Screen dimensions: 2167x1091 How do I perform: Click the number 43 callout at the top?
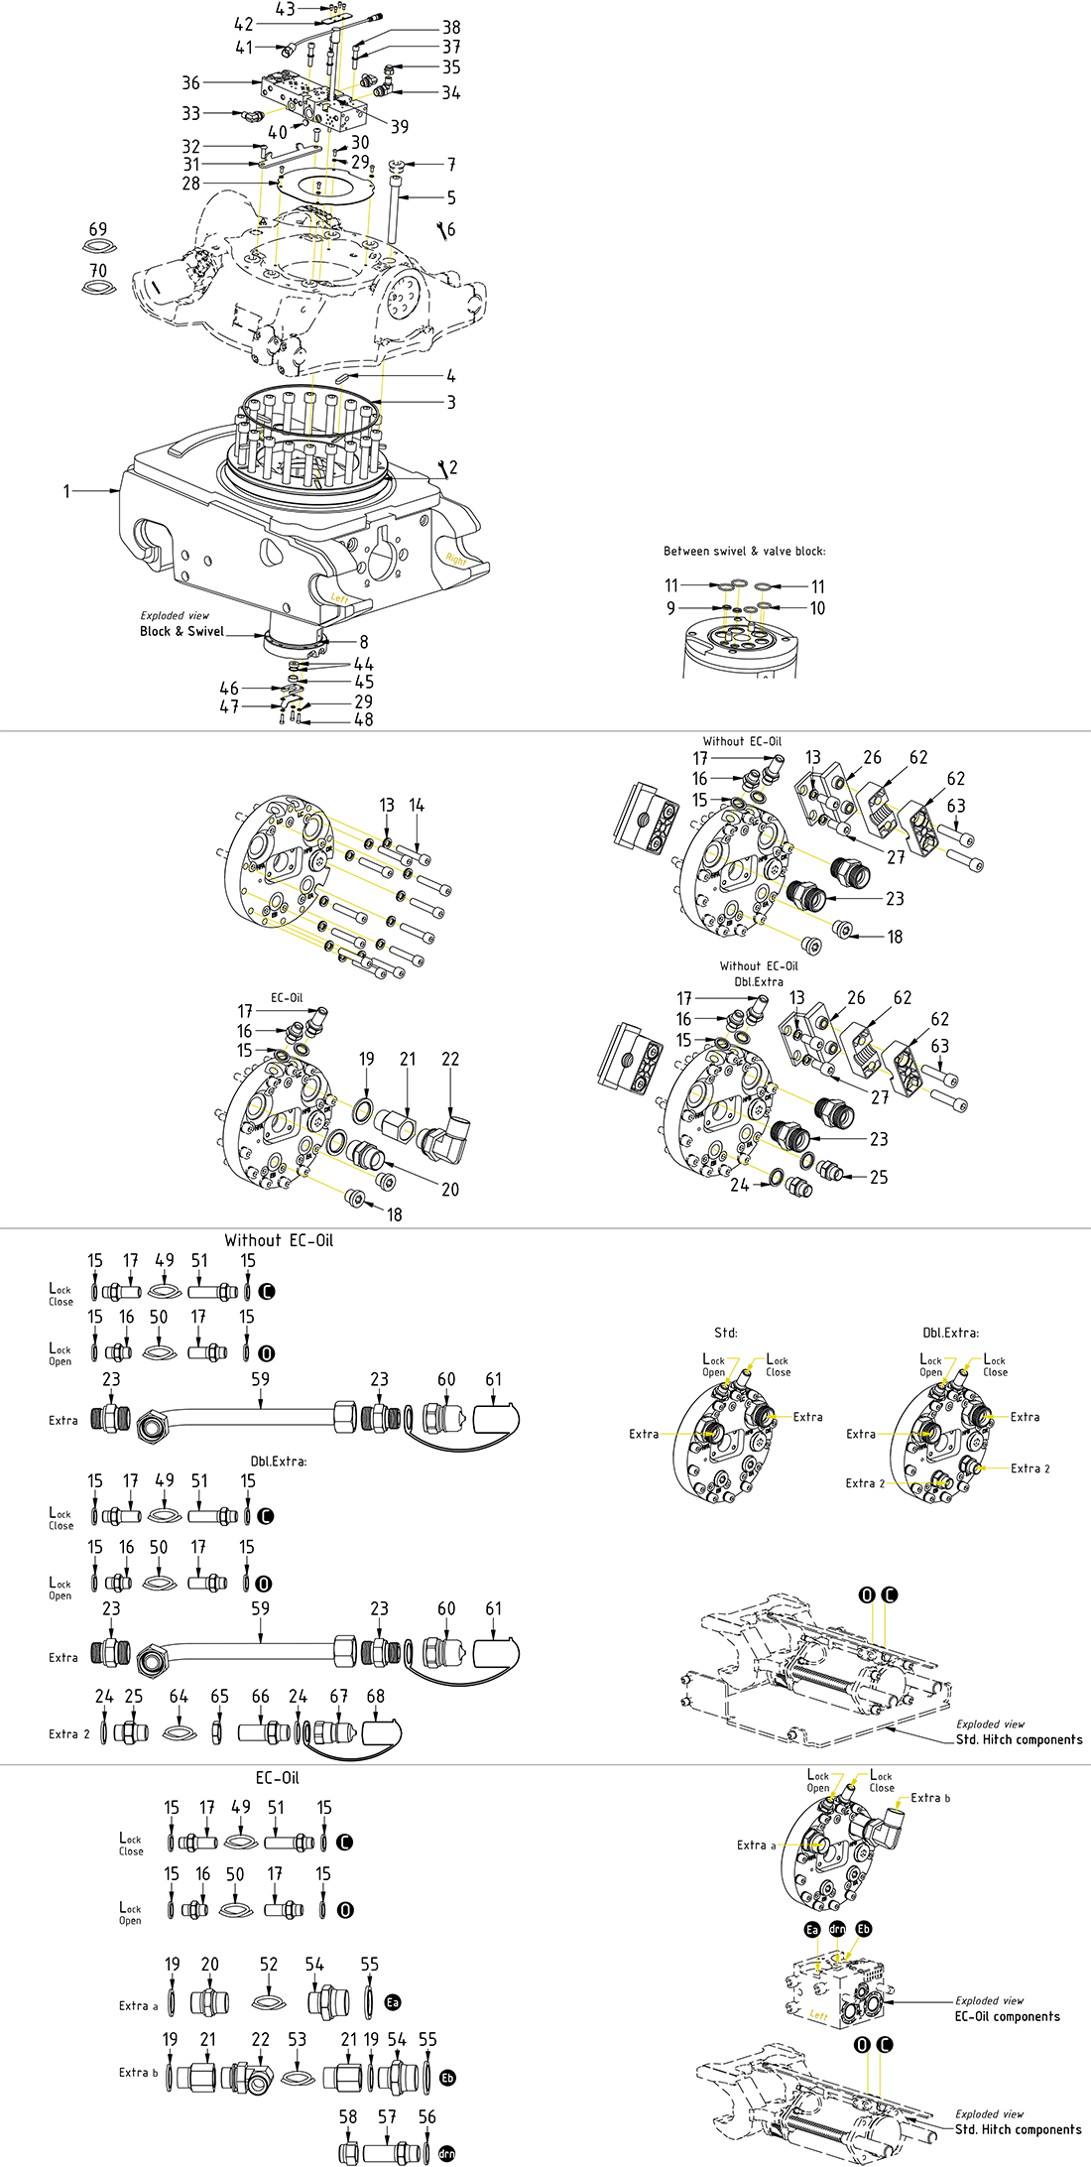tap(285, 9)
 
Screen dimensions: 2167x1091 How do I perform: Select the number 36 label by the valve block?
tap(190, 82)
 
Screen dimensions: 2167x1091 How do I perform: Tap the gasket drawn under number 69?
tap(98, 248)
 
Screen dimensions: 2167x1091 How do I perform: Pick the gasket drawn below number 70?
tap(98, 288)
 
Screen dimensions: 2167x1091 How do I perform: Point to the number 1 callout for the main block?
tap(67, 490)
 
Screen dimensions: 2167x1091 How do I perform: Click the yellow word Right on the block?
tap(456, 560)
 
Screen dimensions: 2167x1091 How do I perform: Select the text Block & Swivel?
tap(182, 631)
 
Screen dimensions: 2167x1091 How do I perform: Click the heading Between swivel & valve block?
tap(744, 551)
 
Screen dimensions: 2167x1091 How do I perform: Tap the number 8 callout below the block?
tap(364, 642)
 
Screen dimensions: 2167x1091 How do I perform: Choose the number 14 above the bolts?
tap(417, 806)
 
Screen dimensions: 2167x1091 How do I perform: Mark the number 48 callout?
tap(364, 719)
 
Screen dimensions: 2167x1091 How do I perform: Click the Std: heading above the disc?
tap(726, 1333)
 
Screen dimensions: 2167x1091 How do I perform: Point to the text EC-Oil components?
tap(1007, 2016)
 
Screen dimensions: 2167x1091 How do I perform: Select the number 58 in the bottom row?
tap(348, 2117)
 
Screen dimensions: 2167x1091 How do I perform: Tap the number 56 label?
tap(426, 2117)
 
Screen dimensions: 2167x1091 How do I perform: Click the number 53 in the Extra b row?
tap(298, 2039)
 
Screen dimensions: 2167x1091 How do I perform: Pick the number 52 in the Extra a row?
tap(269, 1965)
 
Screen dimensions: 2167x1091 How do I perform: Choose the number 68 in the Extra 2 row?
tap(375, 1697)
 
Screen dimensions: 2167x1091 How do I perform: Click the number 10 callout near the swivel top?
tap(817, 608)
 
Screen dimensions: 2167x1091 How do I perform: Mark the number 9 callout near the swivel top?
tap(671, 608)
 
